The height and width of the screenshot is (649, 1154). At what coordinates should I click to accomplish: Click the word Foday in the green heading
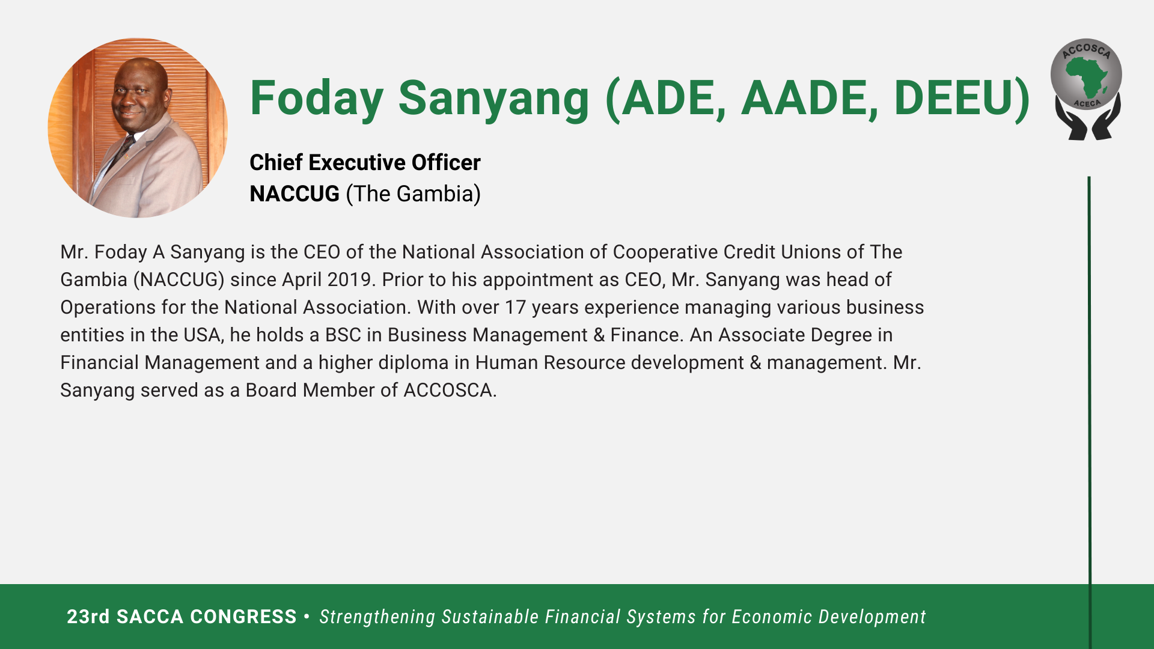click(x=317, y=99)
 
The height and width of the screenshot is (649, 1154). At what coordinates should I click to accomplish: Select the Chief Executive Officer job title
click(x=365, y=162)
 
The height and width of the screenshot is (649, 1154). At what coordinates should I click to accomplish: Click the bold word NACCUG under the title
click(x=295, y=193)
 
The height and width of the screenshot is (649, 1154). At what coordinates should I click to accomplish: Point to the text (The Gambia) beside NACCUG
click(x=414, y=194)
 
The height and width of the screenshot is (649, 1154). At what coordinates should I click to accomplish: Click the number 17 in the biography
click(x=515, y=307)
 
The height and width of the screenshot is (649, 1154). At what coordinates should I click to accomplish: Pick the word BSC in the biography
click(x=343, y=335)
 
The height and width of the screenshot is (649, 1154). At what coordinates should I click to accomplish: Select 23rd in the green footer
click(x=88, y=617)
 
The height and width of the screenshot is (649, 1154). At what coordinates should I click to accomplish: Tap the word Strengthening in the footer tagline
click(x=377, y=617)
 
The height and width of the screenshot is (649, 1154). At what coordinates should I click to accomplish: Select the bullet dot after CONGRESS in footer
click(x=307, y=617)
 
